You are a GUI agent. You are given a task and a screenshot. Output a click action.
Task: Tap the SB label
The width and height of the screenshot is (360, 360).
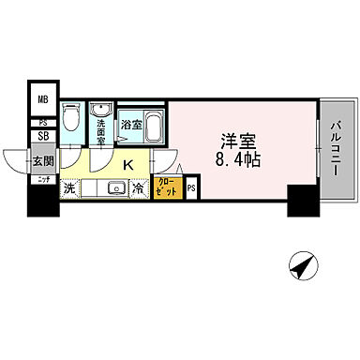pos(42,137)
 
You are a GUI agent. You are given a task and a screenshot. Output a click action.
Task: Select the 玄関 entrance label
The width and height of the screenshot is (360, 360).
pos(43,160)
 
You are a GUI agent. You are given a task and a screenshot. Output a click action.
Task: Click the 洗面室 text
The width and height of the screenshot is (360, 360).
pos(101,130)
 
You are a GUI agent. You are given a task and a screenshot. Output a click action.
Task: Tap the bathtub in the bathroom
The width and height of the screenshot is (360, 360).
pos(154,123)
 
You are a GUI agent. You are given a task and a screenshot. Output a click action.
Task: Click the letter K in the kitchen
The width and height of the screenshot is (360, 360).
pos(130,166)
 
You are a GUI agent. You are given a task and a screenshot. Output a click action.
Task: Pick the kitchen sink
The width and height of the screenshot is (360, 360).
pos(115,188)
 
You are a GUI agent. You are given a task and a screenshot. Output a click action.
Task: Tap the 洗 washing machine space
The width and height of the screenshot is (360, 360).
pos(69,188)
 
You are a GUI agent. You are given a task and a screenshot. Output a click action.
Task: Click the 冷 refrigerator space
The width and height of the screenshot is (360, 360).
pos(138,188)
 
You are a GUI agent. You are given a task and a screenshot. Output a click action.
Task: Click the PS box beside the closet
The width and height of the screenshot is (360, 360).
pos(190,188)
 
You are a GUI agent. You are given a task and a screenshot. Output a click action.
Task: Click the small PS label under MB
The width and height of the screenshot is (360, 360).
pos(42,123)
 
